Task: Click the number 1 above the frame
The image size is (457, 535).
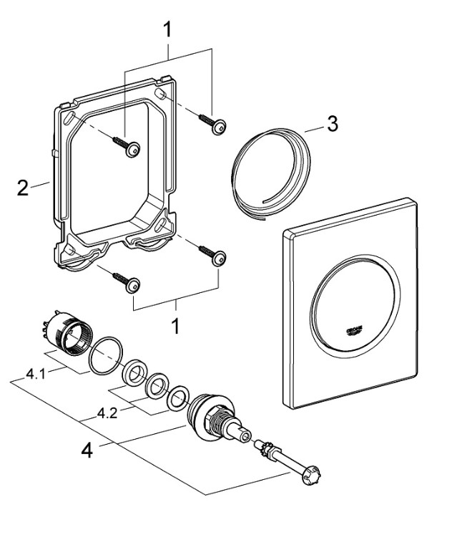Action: point(167,31)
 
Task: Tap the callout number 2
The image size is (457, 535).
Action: point(23,188)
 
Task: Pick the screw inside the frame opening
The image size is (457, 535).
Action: point(129,146)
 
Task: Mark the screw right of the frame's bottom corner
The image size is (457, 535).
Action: point(214,256)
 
